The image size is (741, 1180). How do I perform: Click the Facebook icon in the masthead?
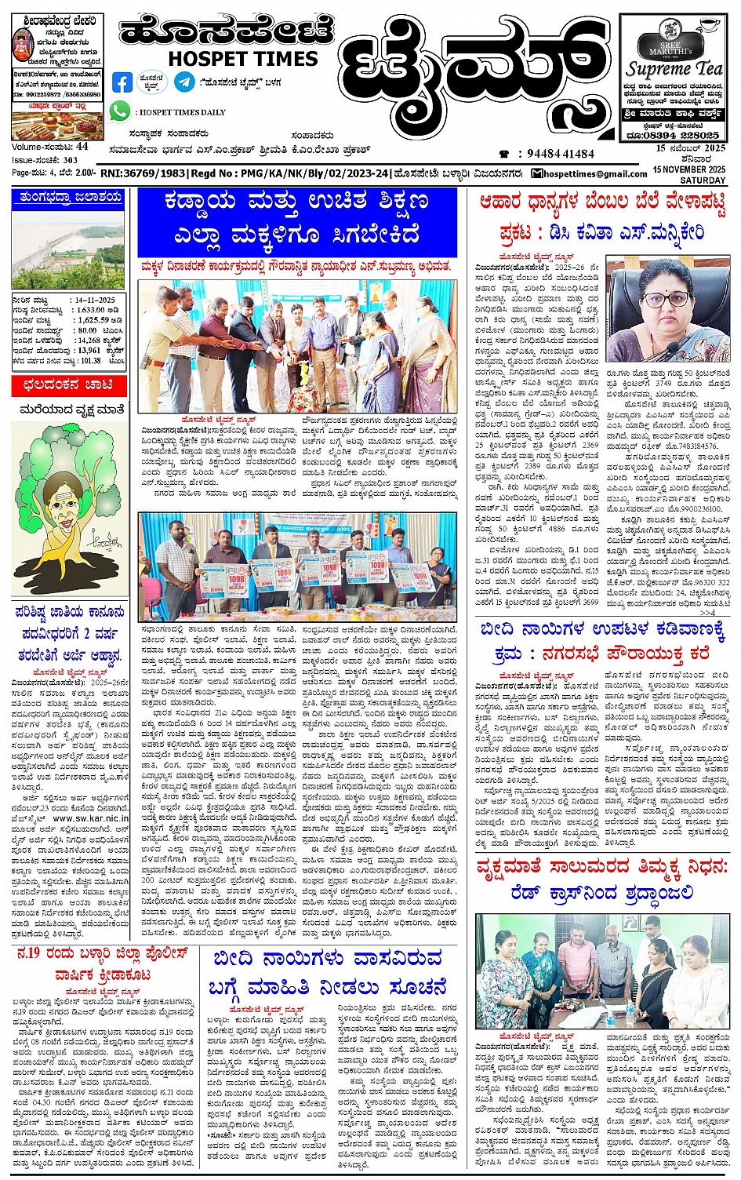coord(122,82)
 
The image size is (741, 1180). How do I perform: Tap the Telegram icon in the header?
coord(184,81)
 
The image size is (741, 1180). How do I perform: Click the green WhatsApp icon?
coord(119,111)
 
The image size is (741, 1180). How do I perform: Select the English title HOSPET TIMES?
coord(242,59)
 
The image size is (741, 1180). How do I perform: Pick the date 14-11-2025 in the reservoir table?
coord(95,300)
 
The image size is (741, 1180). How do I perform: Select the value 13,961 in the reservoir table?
coord(89,350)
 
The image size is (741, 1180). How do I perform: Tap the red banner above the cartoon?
coord(68,384)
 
